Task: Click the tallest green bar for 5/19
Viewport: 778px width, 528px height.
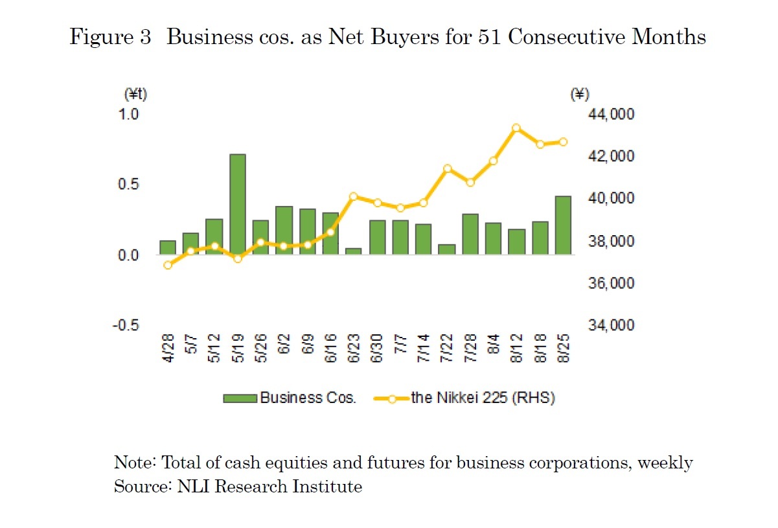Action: pyautogui.click(x=238, y=204)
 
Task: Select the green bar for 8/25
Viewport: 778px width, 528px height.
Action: pyautogui.click(x=563, y=225)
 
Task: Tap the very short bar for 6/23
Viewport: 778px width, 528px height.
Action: pyautogui.click(x=353, y=251)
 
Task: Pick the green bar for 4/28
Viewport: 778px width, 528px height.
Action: pyautogui.click(x=168, y=247)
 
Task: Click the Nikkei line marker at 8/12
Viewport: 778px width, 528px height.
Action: pyautogui.click(x=516, y=128)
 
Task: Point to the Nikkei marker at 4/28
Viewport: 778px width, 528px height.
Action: pyautogui.click(x=168, y=265)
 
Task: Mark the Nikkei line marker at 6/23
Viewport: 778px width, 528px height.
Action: pyautogui.click(x=353, y=196)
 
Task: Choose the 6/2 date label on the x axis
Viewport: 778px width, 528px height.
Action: pyautogui.click(x=284, y=350)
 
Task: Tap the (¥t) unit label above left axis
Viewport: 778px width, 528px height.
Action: pyautogui.click(x=135, y=95)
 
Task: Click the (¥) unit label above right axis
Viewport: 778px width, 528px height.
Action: pyautogui.click(x=579, y=95)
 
